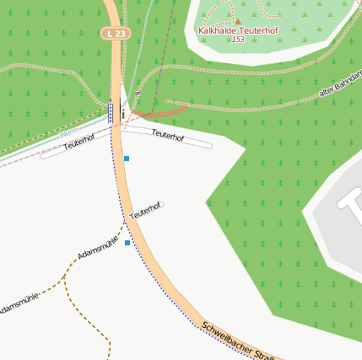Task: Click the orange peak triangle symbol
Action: (x=237, y=21)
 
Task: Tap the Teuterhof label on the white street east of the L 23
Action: (x=167, y=135)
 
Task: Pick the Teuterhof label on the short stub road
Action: (x=145, y=210)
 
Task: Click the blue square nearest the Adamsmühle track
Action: (x=127, y=243)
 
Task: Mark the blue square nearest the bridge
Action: (x=127, y=159)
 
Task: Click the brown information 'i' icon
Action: (x=123, y=113)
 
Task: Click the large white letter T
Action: (x=348, y=199)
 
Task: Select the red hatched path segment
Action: (x=159, y=111)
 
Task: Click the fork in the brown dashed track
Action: (x=64, y=276)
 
